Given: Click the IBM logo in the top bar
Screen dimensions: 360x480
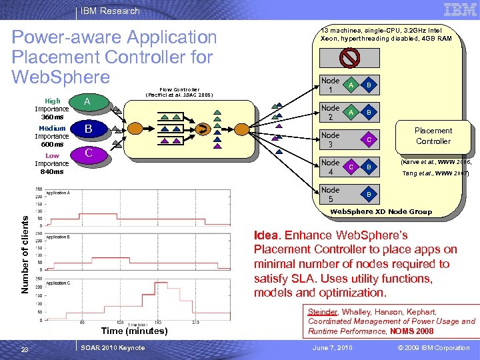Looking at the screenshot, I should click(460, 9).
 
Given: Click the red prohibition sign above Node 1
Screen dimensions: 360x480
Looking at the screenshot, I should click(349, 59).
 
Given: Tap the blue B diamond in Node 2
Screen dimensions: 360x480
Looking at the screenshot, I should click(369, 113).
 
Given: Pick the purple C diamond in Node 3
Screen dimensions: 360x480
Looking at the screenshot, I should click(369, 139).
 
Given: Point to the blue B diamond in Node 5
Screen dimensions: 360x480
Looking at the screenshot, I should click(369, 194).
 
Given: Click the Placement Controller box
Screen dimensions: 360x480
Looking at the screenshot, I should click(433, 136).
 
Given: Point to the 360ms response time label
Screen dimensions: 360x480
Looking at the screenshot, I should click(52, 117).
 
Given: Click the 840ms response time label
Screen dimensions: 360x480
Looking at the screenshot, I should click(52, 171).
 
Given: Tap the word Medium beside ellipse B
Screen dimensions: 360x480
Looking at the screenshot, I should click(52, 128).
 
